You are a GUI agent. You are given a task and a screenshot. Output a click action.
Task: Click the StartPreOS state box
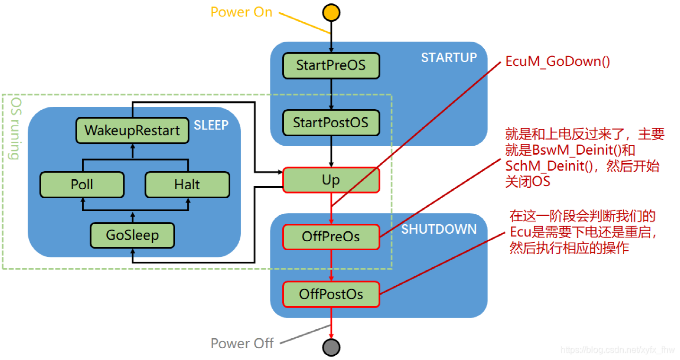331,65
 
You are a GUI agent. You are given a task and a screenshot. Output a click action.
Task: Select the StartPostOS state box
331,123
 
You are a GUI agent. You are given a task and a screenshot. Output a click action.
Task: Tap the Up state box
331,180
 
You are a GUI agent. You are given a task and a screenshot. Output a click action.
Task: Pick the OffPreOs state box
331,237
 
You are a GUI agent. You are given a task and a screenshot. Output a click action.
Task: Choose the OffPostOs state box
331,294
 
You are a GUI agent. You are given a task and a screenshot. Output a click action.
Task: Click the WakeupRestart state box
132,130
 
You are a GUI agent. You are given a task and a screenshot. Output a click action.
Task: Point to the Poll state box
82,184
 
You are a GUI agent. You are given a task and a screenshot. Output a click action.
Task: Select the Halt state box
187,184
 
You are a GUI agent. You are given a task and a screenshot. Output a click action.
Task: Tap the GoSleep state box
132,235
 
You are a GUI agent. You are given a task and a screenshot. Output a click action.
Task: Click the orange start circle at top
331,12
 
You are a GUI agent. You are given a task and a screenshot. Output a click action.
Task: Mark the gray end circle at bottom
331,347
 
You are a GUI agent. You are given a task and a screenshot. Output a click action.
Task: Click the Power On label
241,12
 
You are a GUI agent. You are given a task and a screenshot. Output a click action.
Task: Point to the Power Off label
242,343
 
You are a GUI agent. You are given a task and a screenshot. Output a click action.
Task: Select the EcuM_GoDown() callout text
558,61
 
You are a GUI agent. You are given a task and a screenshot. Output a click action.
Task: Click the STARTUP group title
449,57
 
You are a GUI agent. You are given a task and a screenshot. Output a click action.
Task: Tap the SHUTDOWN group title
439,229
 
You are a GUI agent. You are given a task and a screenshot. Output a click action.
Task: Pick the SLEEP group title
211,125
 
